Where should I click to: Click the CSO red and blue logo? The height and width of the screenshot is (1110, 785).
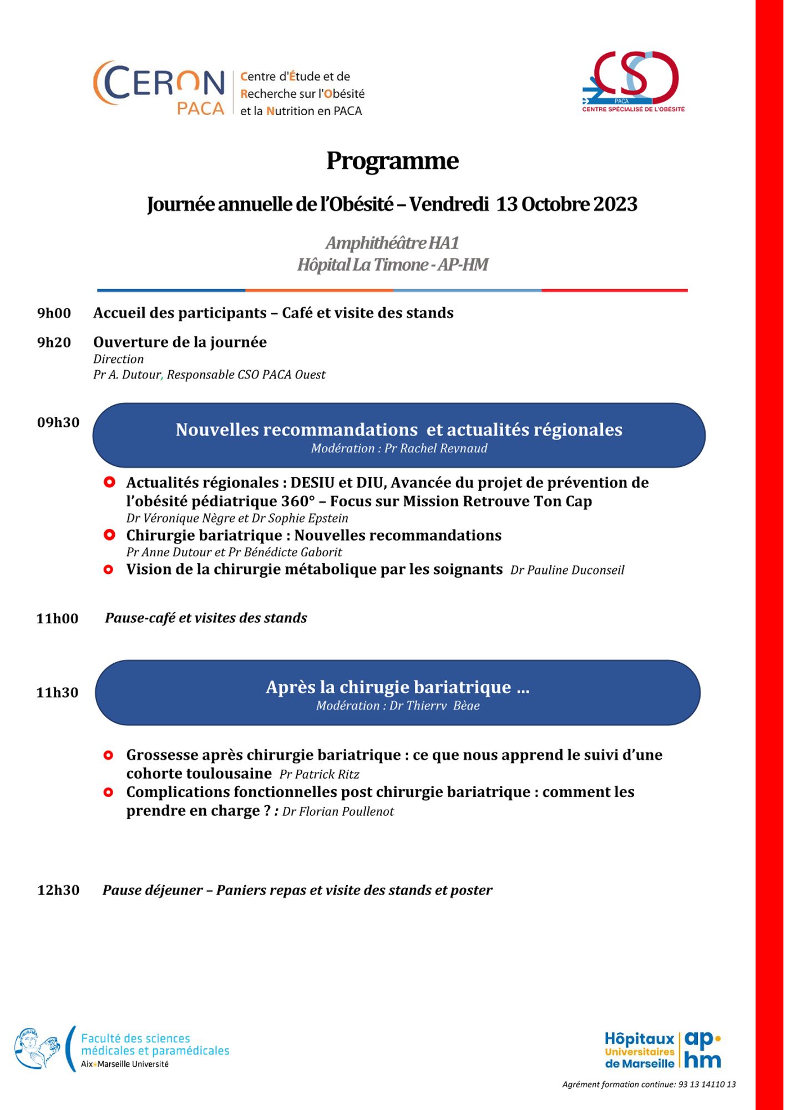point(633,80)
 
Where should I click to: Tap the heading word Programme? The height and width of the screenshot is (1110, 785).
point(392,161)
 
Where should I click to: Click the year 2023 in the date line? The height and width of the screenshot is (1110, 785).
point(615,204)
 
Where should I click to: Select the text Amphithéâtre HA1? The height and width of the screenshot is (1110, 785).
point(392,243)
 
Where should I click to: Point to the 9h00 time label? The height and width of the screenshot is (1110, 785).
point(54,313)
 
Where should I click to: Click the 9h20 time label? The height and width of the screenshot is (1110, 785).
point(54,342)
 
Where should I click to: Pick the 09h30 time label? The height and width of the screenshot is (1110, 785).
point(58,422)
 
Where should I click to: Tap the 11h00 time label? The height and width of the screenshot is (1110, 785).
point(57,618)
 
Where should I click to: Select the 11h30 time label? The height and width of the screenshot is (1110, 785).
point(57,692)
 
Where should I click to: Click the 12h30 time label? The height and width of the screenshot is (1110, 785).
point(58,890)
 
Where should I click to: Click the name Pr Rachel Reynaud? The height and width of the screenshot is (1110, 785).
point(435,448)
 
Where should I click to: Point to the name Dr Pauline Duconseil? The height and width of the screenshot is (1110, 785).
point(567,570)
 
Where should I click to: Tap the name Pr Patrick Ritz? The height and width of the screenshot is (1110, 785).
point(319,774)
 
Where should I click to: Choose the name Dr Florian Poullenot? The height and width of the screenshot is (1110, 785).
point(338,811)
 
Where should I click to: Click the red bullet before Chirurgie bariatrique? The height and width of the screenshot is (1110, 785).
point(109,535)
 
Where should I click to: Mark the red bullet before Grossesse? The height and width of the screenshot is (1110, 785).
point(109,755)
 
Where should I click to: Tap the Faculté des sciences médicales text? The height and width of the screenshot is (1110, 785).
point(155,1044)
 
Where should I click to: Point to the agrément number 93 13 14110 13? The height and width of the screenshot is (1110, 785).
point(707,1084)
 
